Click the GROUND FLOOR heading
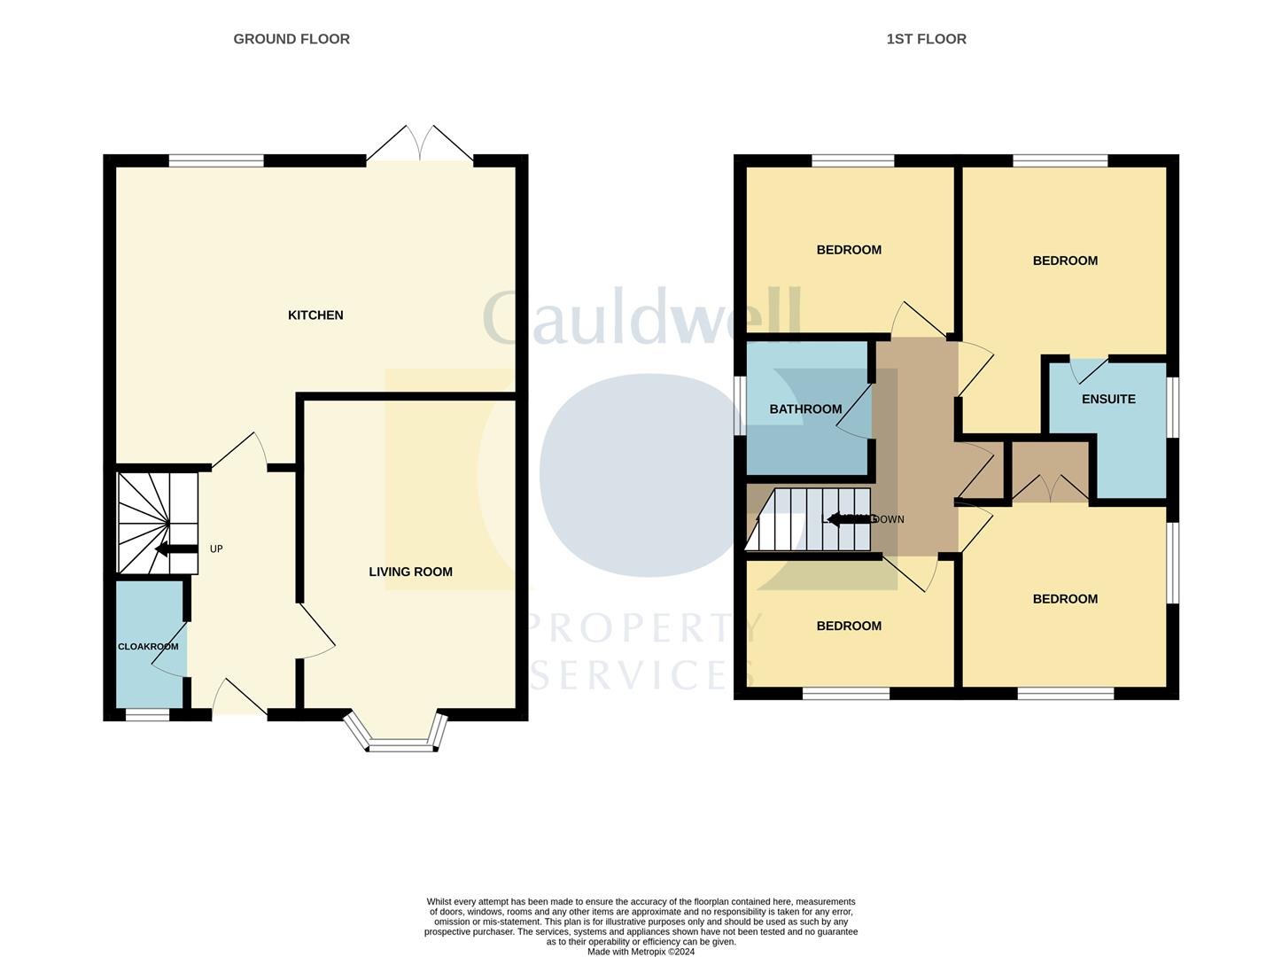click(x=291, y=39)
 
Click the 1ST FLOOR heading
click(x=926, y=39)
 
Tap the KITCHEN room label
click(x=315, y=315)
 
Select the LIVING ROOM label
click(x=410, y=572)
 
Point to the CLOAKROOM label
click(x=148, y=647)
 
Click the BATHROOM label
click(x=805, y=409)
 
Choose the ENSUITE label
click(x=1108, y=400)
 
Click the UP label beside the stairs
click(x=216, y=549)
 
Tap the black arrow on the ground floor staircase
click(x=175, y=549)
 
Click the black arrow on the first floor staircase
click(x=851, y=519)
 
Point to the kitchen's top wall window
click(x=216, y=161)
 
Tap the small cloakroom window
click(x=146, y=714)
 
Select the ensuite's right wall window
click(x=1172, y=408)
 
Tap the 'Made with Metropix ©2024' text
click(x=641, y=952)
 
